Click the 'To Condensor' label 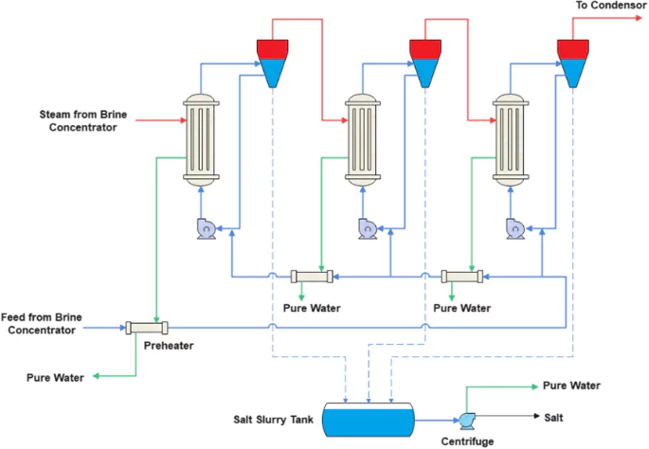(x=609, y=7)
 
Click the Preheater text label (x=169, y=346)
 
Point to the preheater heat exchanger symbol (x=146, y=328)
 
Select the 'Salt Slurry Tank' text (x=274, y=419)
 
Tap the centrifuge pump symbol (x=467, y=419)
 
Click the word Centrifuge (x=468, y=440)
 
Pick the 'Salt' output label (x=556, y=418)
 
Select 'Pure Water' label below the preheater (x=54, y=378)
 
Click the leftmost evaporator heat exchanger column (x=200, y=139)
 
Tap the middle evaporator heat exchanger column (x=361, y=139)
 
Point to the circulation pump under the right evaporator (x=516, y=228)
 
